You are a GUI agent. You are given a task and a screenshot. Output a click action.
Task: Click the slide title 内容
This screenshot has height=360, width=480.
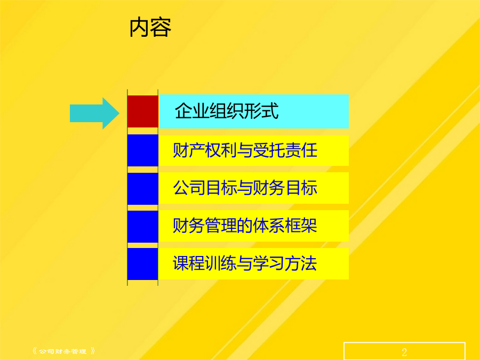click(x=150, y=28)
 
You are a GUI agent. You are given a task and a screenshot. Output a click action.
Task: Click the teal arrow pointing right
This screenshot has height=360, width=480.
click(x=94, y=113)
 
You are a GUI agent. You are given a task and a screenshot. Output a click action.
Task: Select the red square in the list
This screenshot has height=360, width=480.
click(x=142, y=111)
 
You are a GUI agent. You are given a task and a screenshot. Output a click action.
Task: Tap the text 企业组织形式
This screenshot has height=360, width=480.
click(x=227, y=111)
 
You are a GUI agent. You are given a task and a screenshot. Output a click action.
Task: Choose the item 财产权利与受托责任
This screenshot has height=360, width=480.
click(x=245, y=150)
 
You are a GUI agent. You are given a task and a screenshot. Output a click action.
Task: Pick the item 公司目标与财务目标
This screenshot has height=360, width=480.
click(x=245, y=188)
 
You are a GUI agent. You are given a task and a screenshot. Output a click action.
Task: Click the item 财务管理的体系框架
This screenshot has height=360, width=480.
click(x=245, y=226)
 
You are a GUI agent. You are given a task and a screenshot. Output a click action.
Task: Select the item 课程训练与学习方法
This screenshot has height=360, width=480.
click(x=245, y=263)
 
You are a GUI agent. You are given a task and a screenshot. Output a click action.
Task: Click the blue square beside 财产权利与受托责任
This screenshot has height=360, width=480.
click(x=142, y=150)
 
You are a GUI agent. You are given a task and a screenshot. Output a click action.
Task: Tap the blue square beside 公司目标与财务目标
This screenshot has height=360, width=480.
click(x=142, y=189)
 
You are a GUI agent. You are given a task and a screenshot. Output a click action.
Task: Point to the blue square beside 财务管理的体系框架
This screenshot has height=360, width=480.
click(x=142, y=227)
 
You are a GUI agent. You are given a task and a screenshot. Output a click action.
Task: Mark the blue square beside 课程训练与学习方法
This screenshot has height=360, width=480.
click(x=142, y=264)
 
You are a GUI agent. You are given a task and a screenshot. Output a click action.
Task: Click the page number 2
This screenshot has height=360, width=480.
click(x=404, y=352)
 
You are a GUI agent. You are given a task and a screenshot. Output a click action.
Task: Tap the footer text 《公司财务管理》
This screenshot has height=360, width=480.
click(x=63, y=351)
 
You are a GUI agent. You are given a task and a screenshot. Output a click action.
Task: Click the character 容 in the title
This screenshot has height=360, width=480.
click(x=161, y=28)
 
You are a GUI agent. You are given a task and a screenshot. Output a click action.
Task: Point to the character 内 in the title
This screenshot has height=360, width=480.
click(x=140, y=28)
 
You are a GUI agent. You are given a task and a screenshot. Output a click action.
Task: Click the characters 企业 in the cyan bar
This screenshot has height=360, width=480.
click(x=192, y=111)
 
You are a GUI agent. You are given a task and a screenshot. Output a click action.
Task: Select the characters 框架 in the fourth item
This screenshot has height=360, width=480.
click(x=301, y=226)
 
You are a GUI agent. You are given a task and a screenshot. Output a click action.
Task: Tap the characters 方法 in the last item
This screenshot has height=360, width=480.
click(x=301, y=263)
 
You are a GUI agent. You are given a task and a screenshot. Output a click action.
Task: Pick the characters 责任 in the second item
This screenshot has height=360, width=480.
click(x=301, y=150)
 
